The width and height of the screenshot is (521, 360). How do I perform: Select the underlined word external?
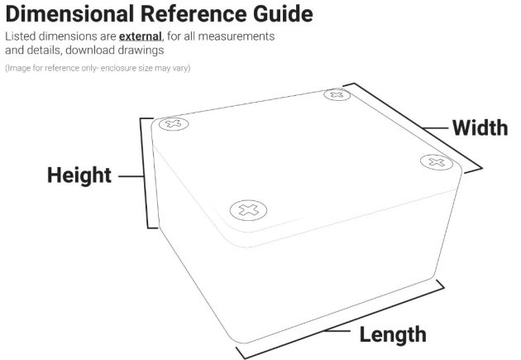point(140,38)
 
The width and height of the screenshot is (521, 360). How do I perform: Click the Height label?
point(79,175)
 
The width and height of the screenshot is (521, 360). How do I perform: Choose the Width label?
point(480,128)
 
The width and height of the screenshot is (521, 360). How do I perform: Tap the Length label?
point(393,334)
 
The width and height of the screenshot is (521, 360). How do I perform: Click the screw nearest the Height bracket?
point(174,125)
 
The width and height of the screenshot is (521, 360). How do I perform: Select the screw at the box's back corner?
point(336,95)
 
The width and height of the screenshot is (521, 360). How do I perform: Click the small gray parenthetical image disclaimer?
point(98,67)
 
